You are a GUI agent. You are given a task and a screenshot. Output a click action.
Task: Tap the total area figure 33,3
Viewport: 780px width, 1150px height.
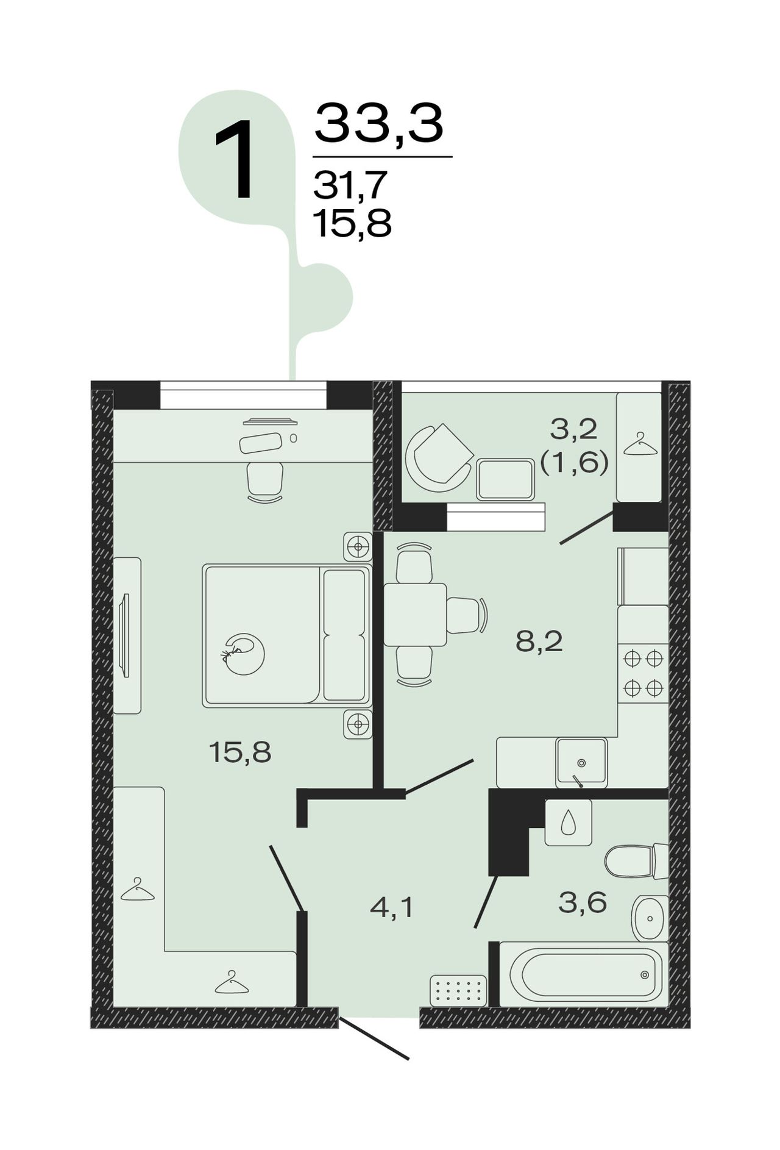click(x=378, y=124)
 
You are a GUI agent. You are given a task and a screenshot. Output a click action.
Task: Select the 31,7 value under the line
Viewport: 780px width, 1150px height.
click(x=350, y=185)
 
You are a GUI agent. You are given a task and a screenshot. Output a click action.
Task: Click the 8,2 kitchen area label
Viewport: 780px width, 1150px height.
click(x=539, y=642)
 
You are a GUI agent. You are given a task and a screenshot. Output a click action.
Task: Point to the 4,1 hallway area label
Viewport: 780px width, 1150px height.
click(x=392, y=909)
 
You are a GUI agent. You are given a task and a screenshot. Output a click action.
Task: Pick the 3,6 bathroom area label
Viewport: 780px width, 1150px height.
click(x=583, y=903)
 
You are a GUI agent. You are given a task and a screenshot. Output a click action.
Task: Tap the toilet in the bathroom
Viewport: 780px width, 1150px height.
click(x=636, y=861)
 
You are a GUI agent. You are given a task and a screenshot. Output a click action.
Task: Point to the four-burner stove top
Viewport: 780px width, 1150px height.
click(x=643, y=673)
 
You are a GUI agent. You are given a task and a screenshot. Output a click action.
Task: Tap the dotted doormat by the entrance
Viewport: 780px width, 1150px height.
click(x=458, y=991)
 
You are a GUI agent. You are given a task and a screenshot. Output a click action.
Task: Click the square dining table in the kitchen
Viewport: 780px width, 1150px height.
click(x=415, y=615)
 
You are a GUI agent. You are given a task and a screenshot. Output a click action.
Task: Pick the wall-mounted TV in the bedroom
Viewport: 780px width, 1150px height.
click(x=125, y=635)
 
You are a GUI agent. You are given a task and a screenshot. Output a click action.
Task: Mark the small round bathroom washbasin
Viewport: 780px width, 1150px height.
click(x=650, y=918)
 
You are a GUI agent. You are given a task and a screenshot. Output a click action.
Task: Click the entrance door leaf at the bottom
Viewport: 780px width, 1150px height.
click(x=374, y=1037)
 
